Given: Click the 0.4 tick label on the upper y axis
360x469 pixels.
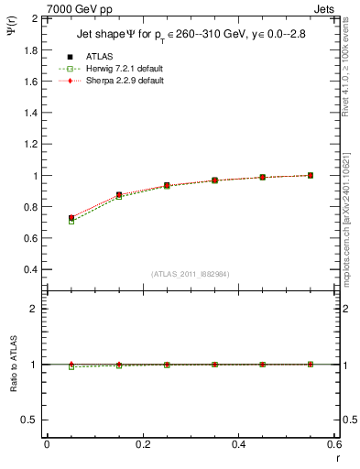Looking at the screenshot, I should (x=31, y=270).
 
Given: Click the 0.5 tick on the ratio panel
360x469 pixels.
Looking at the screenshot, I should (x=31, y=420).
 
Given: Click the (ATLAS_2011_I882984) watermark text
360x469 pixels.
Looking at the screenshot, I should (x=190, y=274).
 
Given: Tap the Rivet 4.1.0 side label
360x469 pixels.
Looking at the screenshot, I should (x=352, y=64).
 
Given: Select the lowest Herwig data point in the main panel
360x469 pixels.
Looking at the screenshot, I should (x=71, y=222).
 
